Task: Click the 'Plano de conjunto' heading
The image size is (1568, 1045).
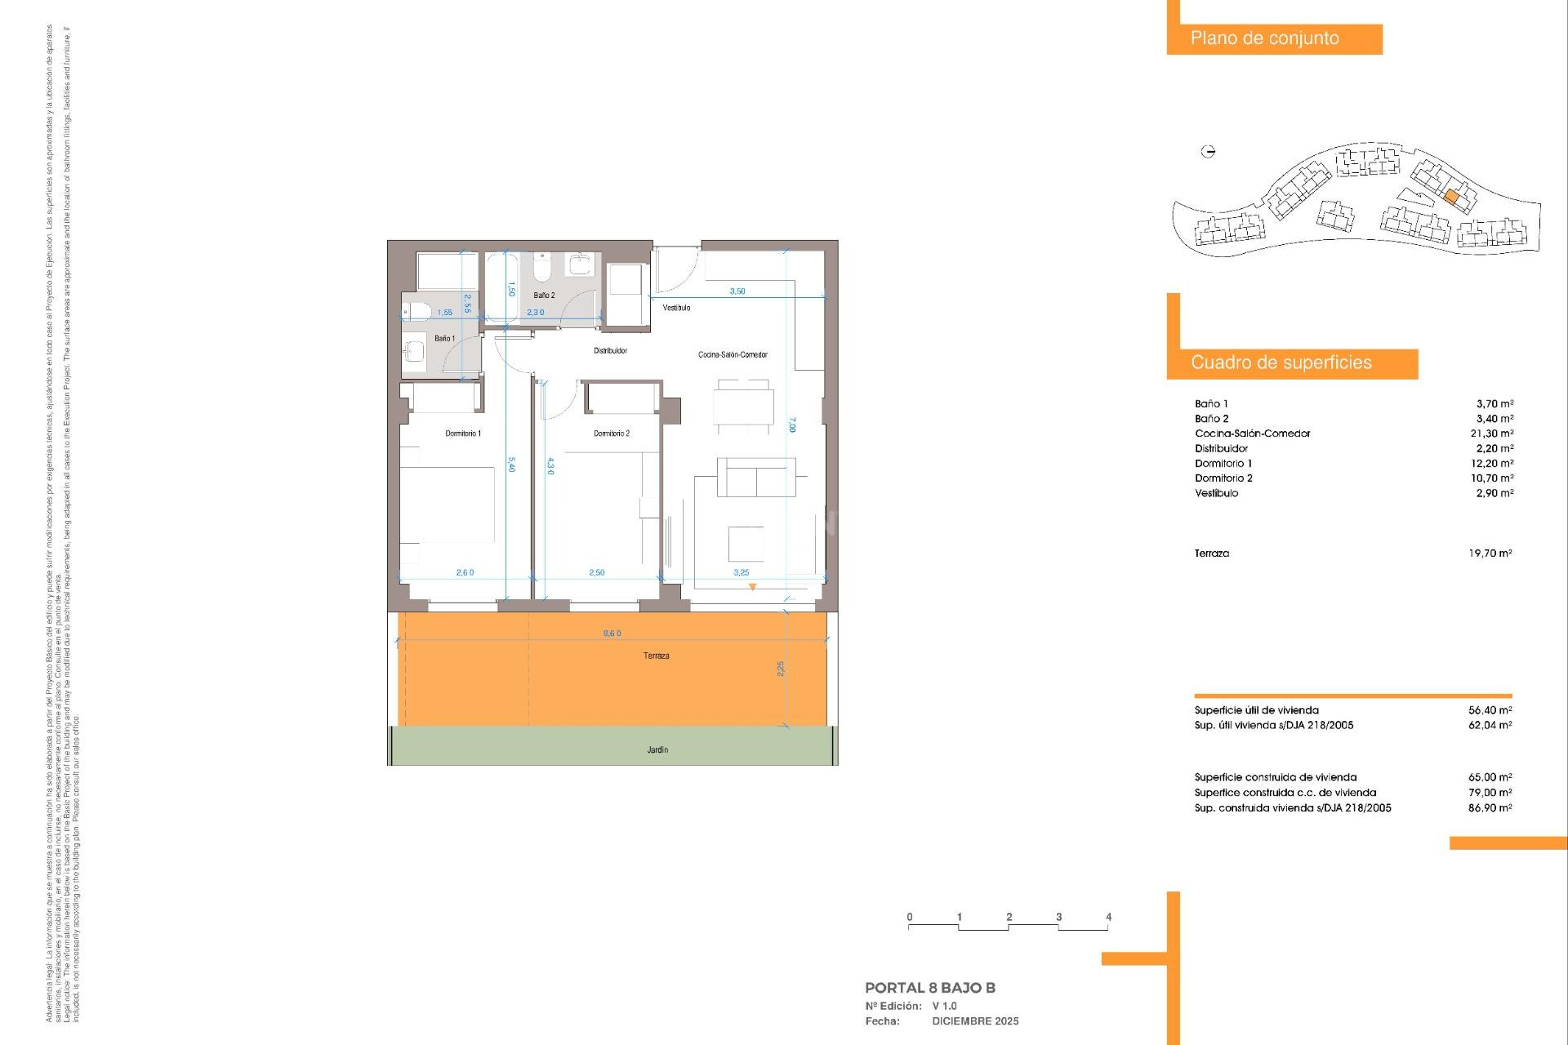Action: pos(1264,38)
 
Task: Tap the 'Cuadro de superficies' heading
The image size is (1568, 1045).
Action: pos(1281,363)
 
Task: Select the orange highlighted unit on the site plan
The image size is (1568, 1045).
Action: pos(1451,197)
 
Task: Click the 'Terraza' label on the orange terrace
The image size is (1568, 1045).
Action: pos(656,656)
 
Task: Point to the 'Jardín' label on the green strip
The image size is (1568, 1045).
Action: pos(657,749)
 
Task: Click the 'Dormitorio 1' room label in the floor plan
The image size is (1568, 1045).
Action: pos(463,434)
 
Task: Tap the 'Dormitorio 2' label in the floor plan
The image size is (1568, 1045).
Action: pos(612,434)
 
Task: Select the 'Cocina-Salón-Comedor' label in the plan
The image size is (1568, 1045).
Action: pos(733,354)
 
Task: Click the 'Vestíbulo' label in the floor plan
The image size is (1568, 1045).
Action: pos(676,308)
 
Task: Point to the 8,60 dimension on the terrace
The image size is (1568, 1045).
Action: pos(612,634)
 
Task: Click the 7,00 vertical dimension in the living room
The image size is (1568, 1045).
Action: pos(791,425)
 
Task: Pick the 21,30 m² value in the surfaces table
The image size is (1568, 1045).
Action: pos(1491,434)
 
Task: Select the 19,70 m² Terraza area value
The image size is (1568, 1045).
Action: pos(1490,554)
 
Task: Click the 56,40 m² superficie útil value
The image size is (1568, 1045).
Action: pos(1490,710)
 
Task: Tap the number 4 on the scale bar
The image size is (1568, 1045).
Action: pos(1108,917)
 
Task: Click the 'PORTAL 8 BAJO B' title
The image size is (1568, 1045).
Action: pos(929,988)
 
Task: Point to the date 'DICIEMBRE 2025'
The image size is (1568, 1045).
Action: pos(975,1021)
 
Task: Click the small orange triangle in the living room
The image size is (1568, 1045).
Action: pos(752,586)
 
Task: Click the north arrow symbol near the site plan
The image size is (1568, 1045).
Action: pos(1209,151)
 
